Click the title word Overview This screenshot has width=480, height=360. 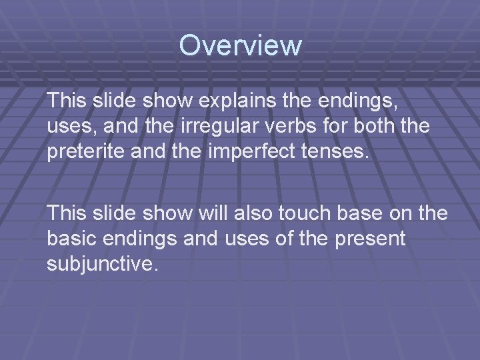coord(240,46)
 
